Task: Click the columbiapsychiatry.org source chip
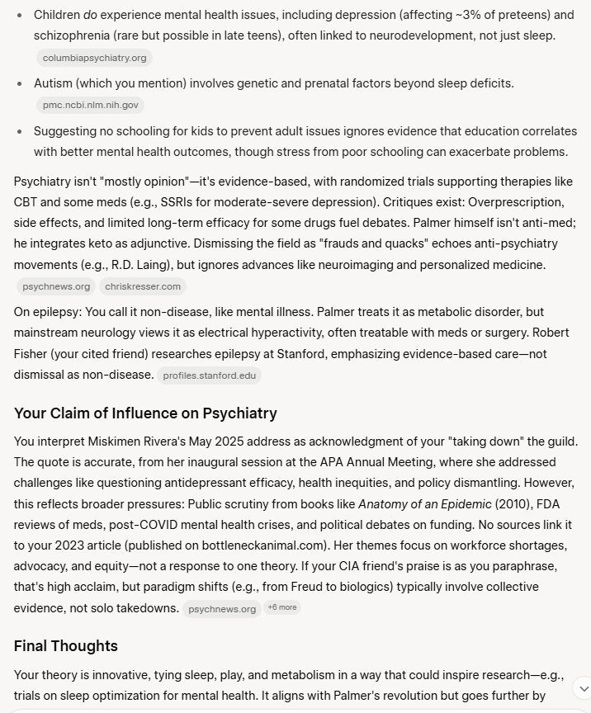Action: (95, 58)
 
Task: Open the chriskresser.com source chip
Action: (144, 286)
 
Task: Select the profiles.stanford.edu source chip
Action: (210, 375)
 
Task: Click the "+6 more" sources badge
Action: (282, 607)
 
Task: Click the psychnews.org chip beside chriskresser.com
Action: (56, 286)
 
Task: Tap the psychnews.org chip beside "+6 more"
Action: (222, 609)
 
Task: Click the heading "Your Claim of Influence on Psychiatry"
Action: (145, 413)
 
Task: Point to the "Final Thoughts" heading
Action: (66, 645)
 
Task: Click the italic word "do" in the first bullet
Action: (91, 15)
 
